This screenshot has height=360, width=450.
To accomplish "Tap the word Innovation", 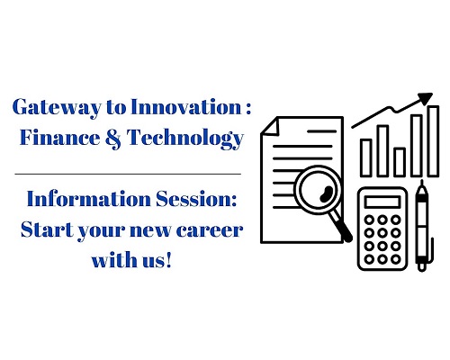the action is click(186, 106).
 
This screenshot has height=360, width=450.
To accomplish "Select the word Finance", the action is click(59, 137).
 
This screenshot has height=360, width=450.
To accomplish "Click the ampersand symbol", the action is click(113, 138).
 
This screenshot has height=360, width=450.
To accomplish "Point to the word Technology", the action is click(184, 139).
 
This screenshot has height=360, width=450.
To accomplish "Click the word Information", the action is click(89, 199).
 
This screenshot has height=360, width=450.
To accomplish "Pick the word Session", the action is click(196, 199).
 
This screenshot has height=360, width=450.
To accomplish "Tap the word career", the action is click(210, 230).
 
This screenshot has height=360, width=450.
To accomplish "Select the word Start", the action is click(47, 229).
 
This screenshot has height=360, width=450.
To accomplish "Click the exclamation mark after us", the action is click(168, 259).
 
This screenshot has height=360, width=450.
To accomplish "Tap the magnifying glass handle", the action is click(342, 226).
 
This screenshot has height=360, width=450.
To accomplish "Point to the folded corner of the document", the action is click(271, 127).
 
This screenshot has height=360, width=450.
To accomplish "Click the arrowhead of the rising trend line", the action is click(425, 99).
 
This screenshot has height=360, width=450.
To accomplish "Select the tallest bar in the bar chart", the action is click(433, 140).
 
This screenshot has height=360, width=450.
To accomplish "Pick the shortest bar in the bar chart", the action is click(400, 162).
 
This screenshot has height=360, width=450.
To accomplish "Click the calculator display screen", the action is click(382, 202).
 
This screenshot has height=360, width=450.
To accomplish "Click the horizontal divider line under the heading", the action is click(128, 174).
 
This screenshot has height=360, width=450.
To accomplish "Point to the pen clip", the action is click(432, 250).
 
